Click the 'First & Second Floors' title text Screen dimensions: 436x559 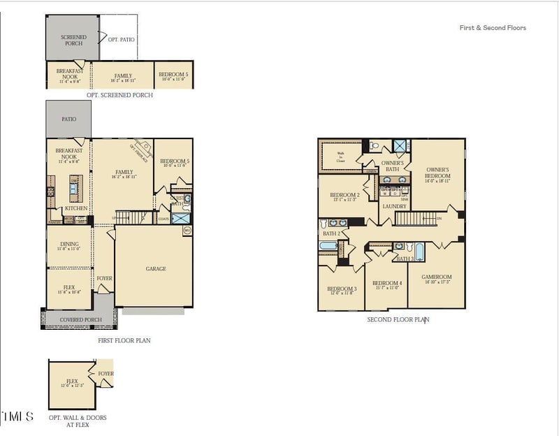click(x=493, y=28)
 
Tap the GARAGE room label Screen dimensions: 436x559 click(x=156, y=268)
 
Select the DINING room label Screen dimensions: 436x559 click(x=68, y=245)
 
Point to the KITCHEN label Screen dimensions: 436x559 click(x=75, y=208)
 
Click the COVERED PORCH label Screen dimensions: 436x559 click(x=80, y=320)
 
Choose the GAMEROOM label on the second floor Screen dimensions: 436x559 click(x=437, y=277)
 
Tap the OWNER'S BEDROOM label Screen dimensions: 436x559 click(x=437, y=173)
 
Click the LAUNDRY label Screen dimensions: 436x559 click(x=394, y=206)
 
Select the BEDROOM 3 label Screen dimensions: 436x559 click(x=342, y=289)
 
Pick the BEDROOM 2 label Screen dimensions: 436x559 click(x=344, y=195)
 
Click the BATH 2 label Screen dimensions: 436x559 click(x=331, y=233)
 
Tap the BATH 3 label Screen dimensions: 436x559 click(x=405, y=259)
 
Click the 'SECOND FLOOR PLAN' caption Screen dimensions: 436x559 click(x=398, y=319)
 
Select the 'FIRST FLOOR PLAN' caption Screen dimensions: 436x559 click(x=124, y=340)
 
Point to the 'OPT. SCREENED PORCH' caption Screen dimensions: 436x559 click(x=119, y=95)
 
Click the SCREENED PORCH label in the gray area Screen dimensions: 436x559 click(x=73, y=40)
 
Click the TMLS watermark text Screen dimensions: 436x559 click(x=17, y=416)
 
